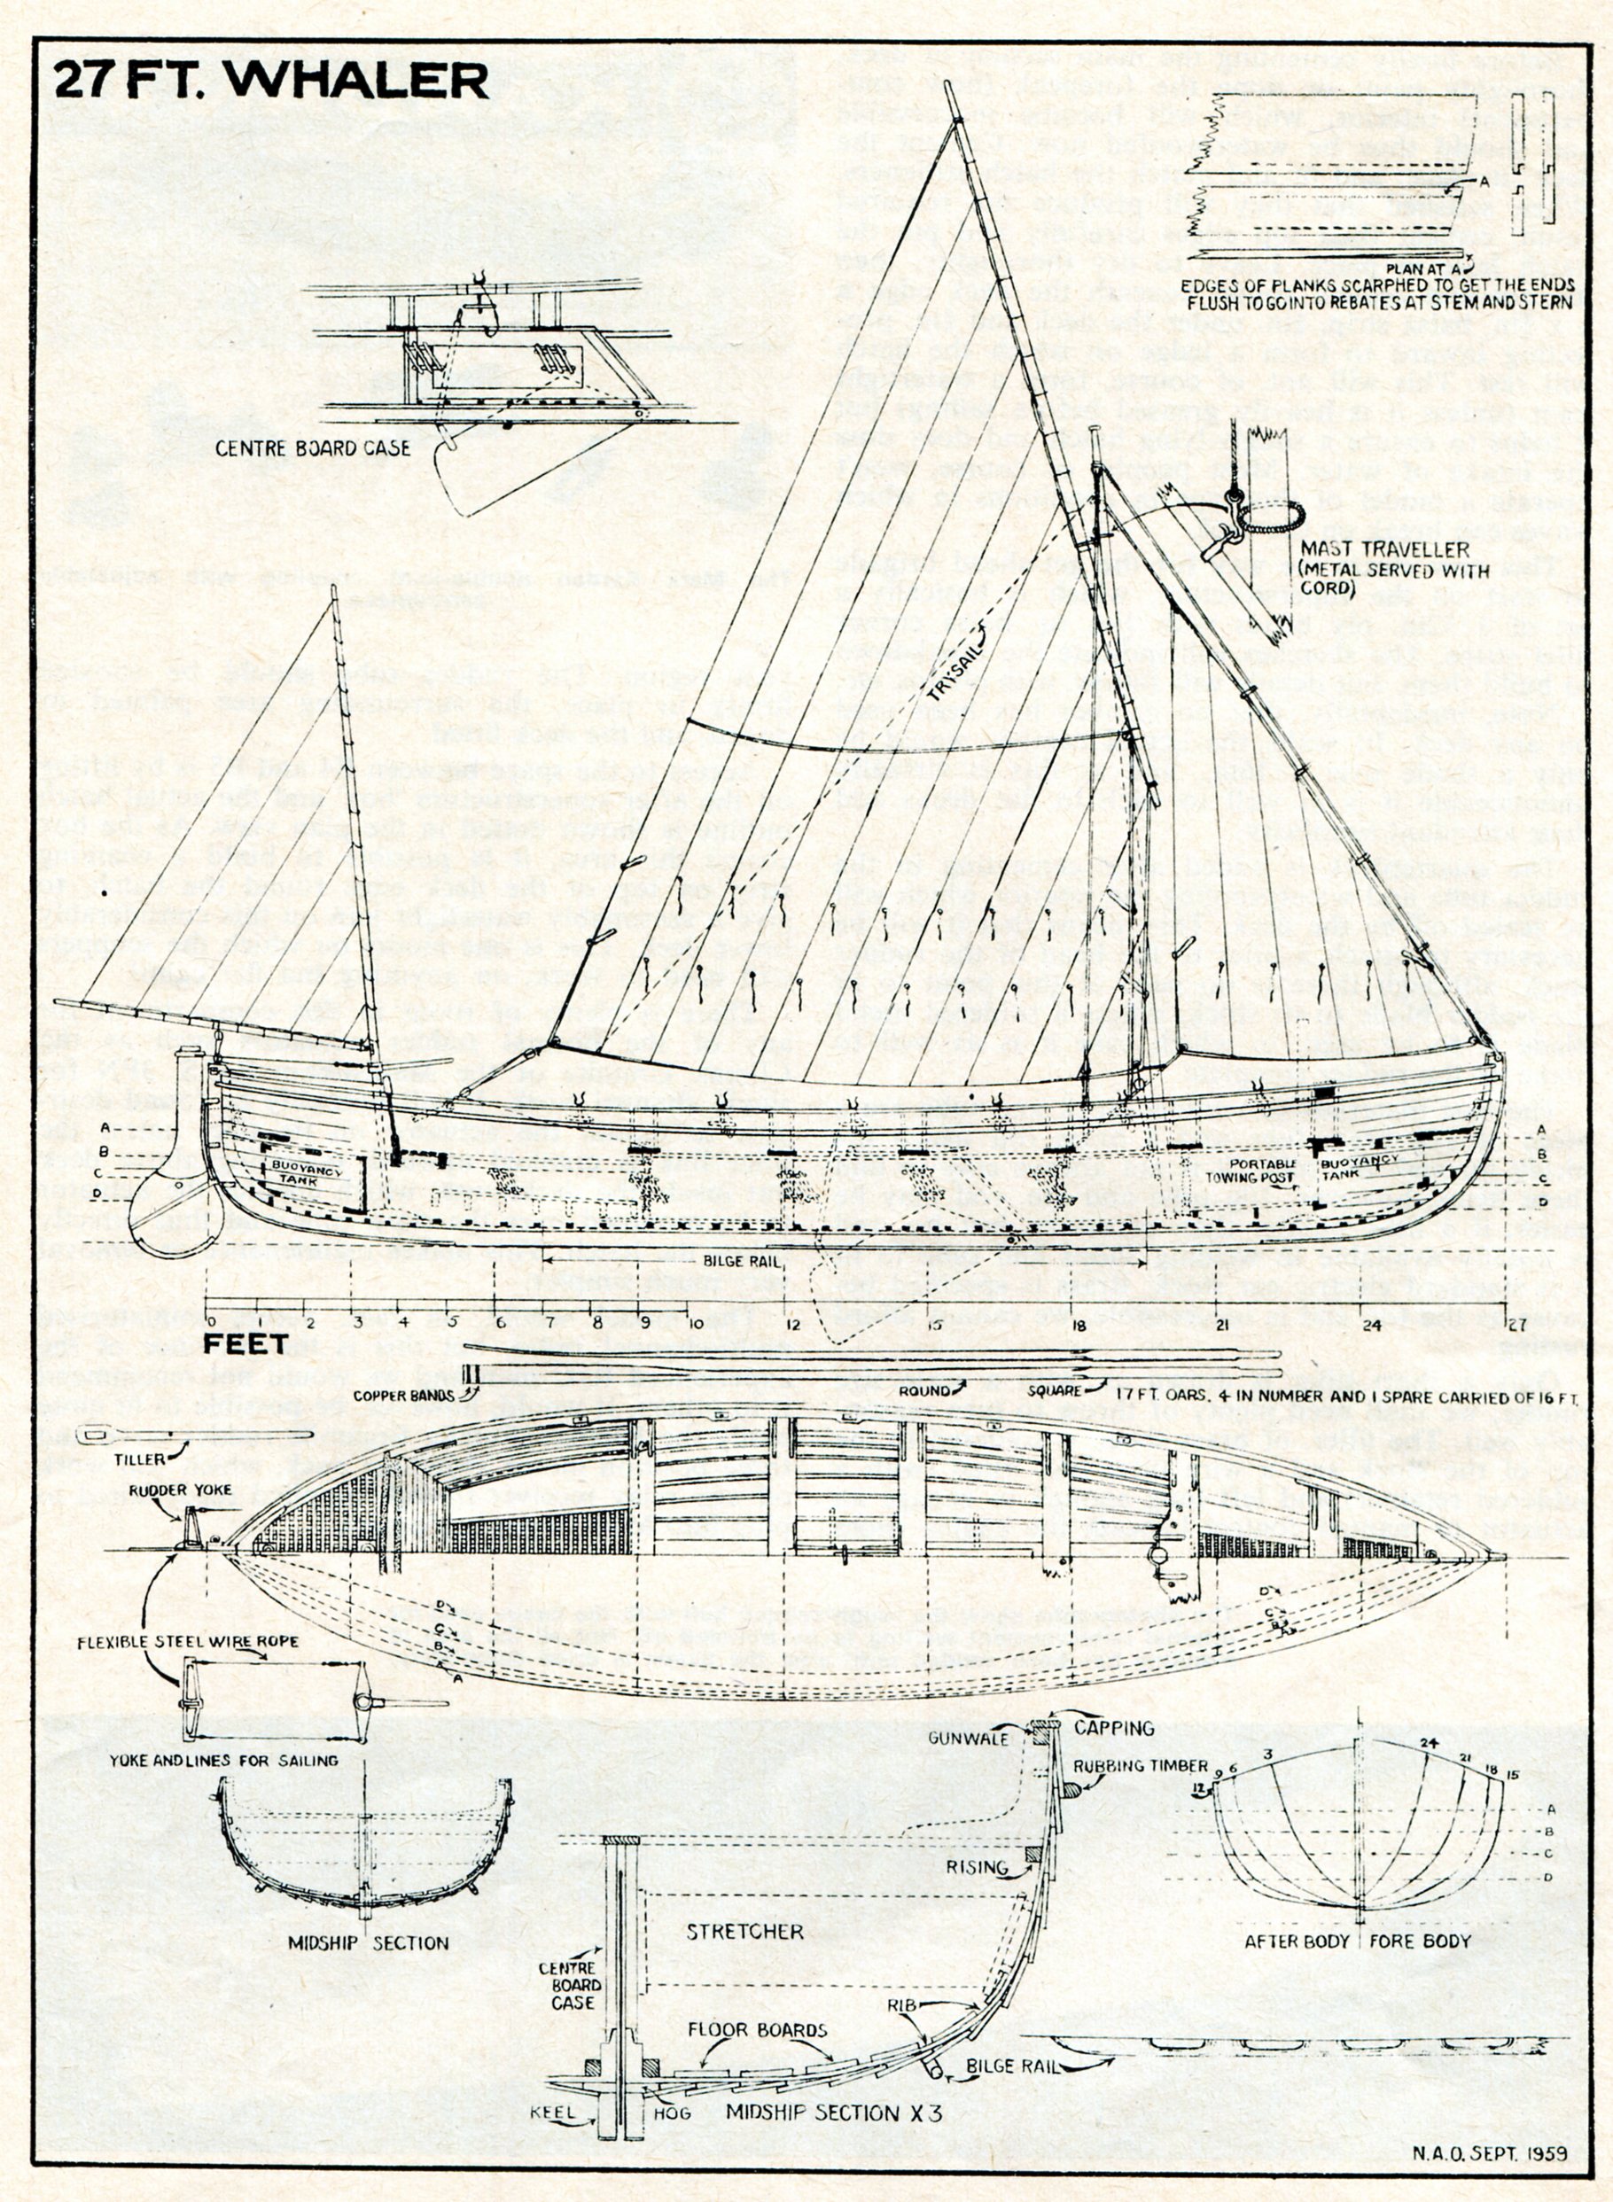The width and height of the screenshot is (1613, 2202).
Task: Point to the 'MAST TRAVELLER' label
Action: [1383, 549]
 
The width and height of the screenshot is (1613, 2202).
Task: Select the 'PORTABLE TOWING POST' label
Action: [1264, 1171]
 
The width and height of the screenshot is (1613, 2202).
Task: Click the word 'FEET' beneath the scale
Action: [246, 1344]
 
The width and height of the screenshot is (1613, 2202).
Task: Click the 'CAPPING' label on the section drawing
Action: [1114, 1728]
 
